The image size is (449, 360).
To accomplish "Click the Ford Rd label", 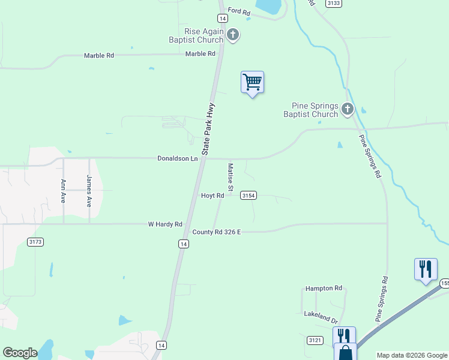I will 238,11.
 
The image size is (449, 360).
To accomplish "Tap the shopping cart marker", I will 253,82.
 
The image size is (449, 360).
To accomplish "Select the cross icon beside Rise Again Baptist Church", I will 234,35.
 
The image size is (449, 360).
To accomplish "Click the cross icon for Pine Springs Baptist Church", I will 348,109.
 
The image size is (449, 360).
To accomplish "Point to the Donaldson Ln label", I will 177,158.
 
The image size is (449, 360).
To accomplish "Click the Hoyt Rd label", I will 212,196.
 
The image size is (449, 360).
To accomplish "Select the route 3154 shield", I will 249,196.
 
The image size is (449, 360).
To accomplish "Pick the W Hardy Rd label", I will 165,224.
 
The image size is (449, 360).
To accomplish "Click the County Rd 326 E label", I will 216,232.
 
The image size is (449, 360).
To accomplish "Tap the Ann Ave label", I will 63,190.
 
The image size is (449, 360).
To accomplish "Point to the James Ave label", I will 89,190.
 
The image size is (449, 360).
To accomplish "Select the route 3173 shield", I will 35,241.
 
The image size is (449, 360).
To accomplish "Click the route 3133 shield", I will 334,3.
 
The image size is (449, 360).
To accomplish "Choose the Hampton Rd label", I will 323,289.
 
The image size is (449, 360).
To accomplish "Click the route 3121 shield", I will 315,340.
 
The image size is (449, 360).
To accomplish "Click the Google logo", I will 20,353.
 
